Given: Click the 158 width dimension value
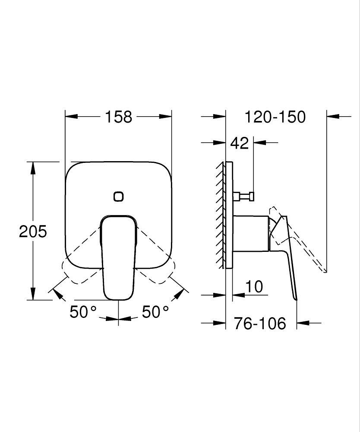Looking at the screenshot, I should [x=118, y=117].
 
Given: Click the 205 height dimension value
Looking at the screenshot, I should [x=33, y=232].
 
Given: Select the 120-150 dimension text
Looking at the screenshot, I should [x=275, y=117].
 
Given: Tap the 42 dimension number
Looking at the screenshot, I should [x=240, y=143].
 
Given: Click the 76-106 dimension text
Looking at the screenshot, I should [x=260, y=323].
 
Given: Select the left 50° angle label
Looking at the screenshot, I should [x=83, y=312].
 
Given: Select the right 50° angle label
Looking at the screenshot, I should [x=155, y=312].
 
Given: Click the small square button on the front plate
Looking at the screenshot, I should [x=118, y=197].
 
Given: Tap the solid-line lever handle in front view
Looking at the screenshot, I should [x=118, y=259].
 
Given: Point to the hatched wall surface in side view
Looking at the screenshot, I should [x=221, y=216].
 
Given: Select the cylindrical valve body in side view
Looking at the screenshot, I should [x=250, y=233].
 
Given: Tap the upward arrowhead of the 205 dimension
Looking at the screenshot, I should [x=33, y=167].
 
